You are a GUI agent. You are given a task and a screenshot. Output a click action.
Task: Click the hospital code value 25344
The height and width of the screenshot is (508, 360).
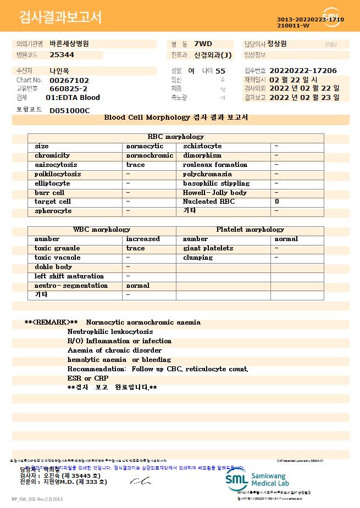(62, 55)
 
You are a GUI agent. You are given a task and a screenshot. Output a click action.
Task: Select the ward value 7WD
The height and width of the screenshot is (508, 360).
(203, 43)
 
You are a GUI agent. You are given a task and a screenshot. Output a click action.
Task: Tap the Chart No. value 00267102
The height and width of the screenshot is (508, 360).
(69, 80)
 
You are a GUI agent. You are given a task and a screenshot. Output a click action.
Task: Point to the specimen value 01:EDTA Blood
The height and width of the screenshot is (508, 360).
(73, 98)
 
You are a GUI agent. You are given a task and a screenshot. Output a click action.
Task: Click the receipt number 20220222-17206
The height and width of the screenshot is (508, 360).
(303, 71)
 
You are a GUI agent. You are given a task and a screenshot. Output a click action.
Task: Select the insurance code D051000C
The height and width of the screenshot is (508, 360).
(69, 110)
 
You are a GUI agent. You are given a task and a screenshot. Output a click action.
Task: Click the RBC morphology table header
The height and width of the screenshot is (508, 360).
(176, 137)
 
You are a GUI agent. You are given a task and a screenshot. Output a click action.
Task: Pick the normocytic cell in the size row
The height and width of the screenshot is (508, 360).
(145, 146)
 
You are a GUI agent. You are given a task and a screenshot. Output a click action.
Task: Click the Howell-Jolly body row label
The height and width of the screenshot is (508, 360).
(215, 193)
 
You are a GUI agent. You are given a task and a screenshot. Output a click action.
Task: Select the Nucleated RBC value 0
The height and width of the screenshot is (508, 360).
(277, 202)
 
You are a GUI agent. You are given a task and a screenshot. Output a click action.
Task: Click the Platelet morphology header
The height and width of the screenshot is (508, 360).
(250, 230)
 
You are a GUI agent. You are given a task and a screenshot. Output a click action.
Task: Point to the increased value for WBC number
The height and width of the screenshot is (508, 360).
(143, 239)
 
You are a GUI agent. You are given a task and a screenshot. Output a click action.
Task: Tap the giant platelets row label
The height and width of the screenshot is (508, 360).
(208, 248)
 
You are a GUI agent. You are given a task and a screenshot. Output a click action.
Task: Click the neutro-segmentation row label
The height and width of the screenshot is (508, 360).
(71, 286)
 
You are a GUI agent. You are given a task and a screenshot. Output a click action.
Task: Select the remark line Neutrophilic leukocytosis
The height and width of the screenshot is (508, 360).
(110, 332)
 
